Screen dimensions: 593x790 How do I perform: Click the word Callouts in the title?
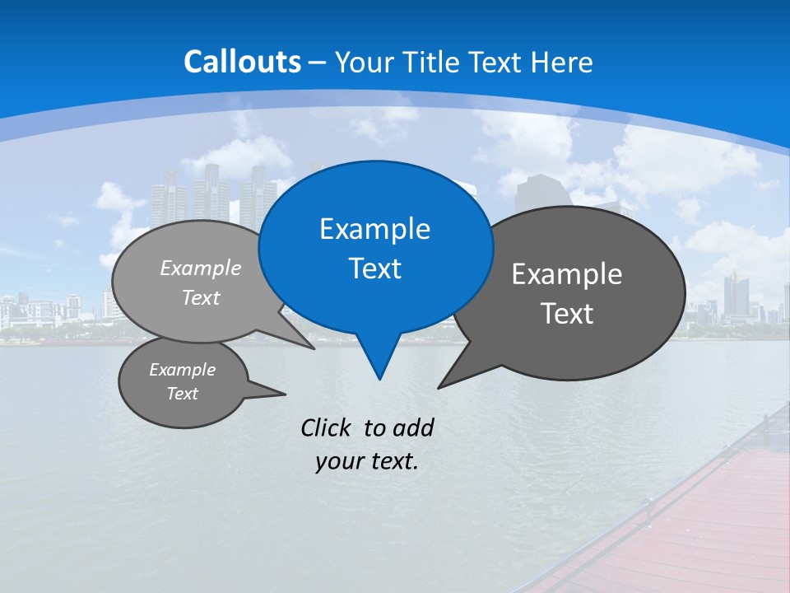tap(242, 62)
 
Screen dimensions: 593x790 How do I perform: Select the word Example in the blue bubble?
tap(374, 229)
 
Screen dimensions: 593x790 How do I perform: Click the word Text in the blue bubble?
tap(374, 268)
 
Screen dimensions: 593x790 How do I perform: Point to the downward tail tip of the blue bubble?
tap(379, 379)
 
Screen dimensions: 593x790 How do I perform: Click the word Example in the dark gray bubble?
tap(567, 274)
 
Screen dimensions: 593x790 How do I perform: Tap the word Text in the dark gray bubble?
tap(567, 314)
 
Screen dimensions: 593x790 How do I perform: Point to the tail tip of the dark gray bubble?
tap(439, 387)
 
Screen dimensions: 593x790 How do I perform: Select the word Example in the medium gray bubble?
tap(201, 268)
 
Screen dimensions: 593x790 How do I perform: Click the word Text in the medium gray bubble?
tap(201, 298)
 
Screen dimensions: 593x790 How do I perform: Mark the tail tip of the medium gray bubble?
tap(314, 348)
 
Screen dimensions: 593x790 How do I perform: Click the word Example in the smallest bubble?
tap(182, 370)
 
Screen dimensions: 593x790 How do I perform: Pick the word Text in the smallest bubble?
tap(182, 394)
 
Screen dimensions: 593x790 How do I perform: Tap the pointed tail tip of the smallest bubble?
tap(285, 394)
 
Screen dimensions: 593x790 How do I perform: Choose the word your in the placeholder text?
tap(338, 461)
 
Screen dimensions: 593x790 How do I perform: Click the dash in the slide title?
tap(318, 63)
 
